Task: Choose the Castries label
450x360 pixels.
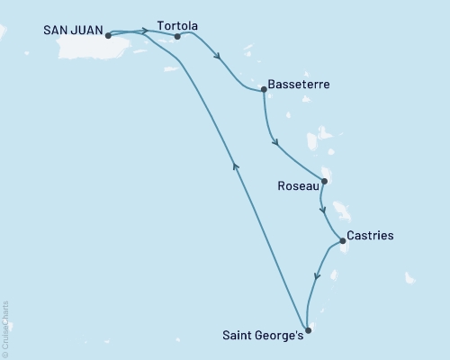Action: (370, 236)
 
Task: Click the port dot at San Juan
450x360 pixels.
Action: (108, 36)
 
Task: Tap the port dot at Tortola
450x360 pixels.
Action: (176, 37)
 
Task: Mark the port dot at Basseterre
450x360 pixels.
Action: (263, 88)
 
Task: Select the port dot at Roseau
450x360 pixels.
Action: (324, 181)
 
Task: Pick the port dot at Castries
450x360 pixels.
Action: (342, 240)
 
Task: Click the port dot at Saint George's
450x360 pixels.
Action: (308, 330)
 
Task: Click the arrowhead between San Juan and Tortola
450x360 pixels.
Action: (145, 31)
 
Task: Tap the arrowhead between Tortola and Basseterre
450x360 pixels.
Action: (218, 58)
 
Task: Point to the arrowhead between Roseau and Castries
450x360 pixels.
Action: (324, 211)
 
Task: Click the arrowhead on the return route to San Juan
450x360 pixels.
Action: (235, 165)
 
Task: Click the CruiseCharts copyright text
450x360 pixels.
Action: (5, 328)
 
